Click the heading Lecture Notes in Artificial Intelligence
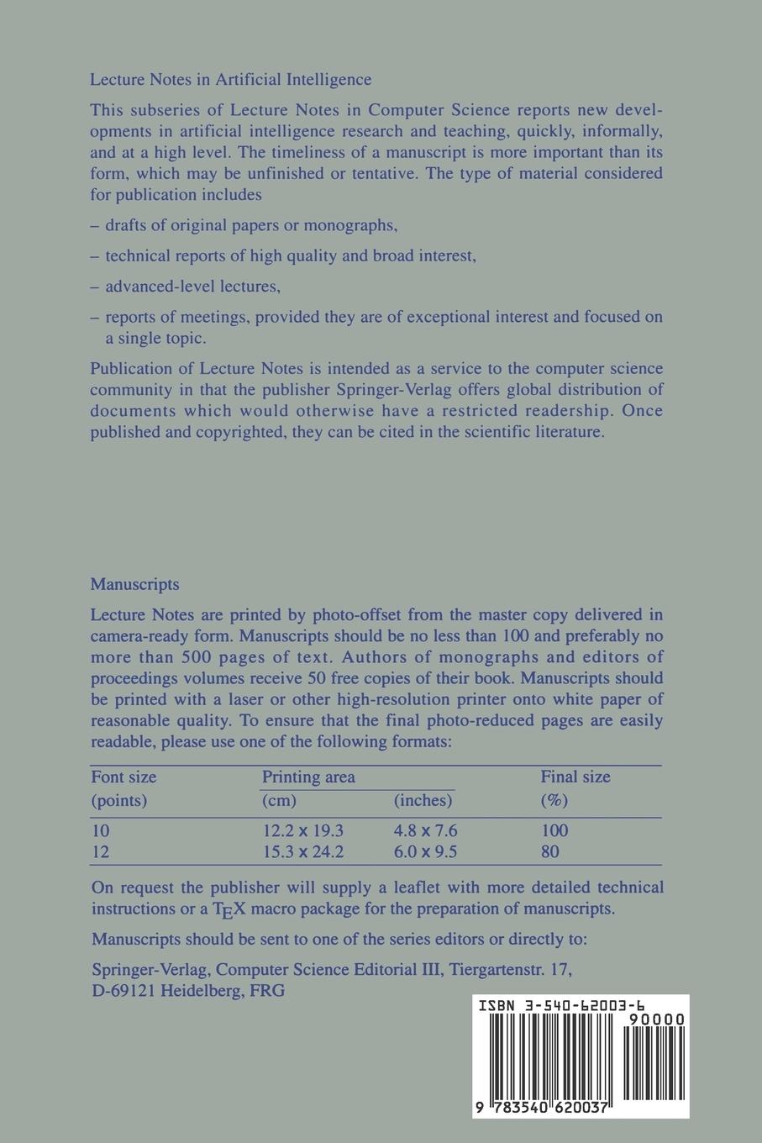(x=230, y=80)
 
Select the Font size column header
(x=123, y=777)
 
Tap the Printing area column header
(x=308, y=777)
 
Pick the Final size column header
(x=575, y=777)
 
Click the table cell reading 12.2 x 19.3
(x=302, y=830)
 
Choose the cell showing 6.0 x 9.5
(x=425, y=851)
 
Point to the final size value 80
(x=551, y=851)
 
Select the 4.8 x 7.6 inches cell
(x=425, y=830)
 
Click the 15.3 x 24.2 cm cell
(x=302, y=851)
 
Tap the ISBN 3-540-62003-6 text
(x=561, y=1004)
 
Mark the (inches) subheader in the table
(x=423, y=800)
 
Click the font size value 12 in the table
(x=100, y=851)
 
